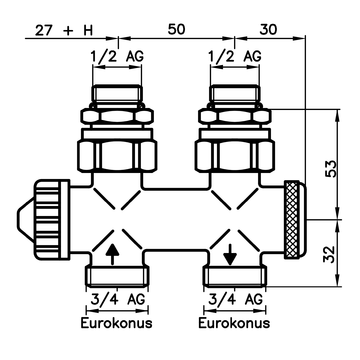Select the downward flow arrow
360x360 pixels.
tap(231, 253)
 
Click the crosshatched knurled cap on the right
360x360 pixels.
tap(296, 218)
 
